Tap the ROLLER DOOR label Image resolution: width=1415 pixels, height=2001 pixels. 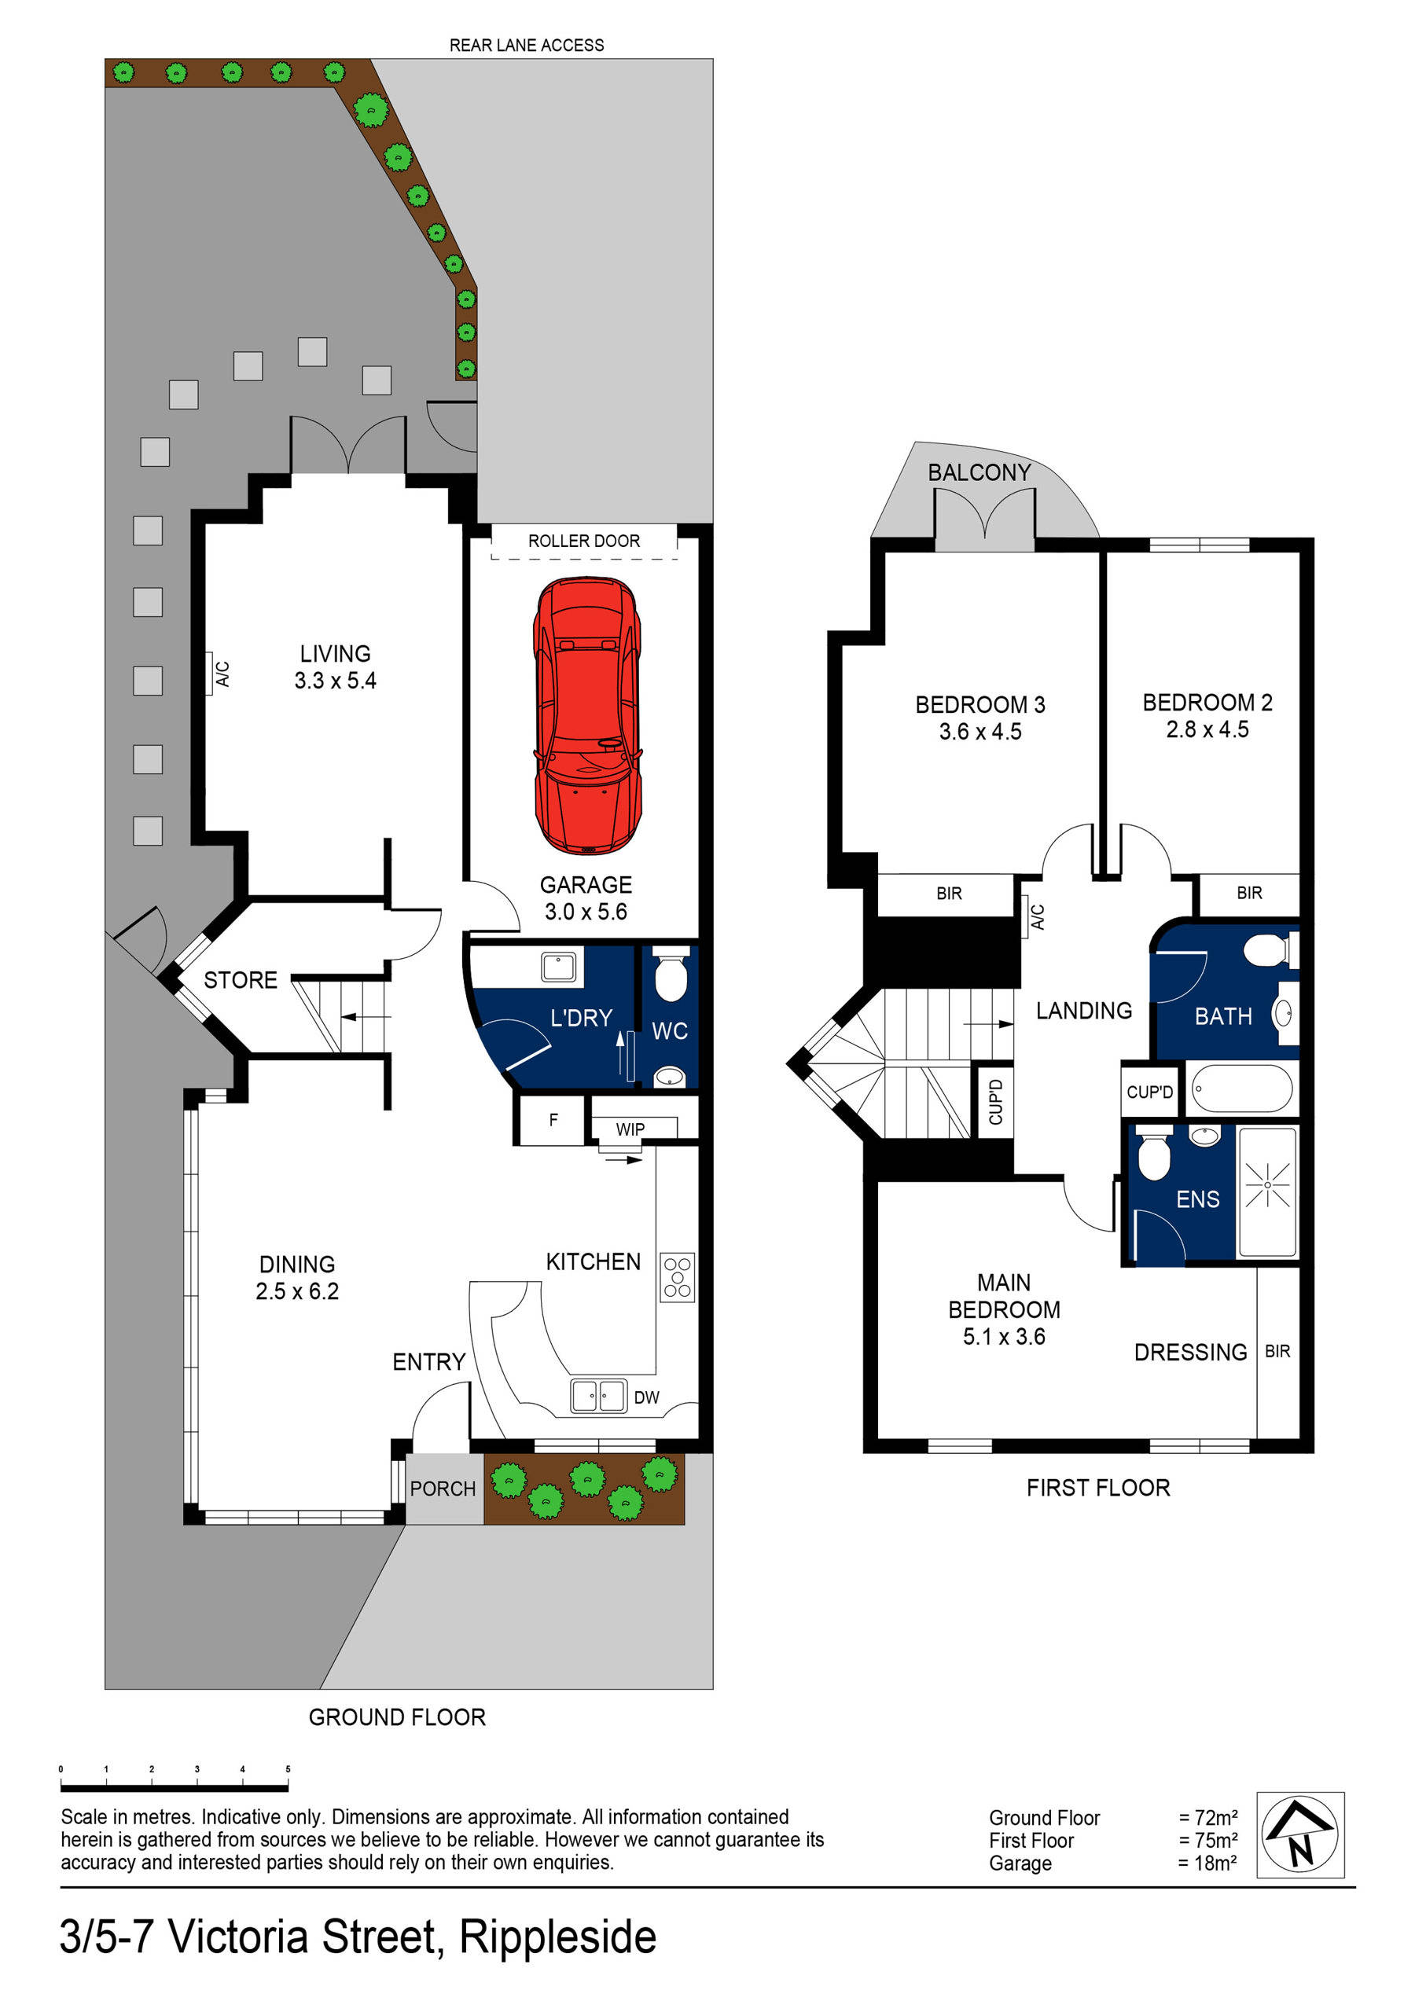pyautogui.click(x=583, y=541)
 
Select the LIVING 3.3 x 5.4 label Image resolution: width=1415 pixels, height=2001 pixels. pyautogui.click(x=335, y=666)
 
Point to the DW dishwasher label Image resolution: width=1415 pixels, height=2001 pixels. pyautogui.click(x=646, y=1397)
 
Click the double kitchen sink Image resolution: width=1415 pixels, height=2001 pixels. pyautogui.click(x=598, y=1395)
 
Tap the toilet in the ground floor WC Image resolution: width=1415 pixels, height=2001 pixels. pyautogui.click(x=671, y=975)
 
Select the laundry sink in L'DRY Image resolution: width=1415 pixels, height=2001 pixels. pyautogui.click(x=557, y=967)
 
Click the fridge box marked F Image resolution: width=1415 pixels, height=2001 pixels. pyautogui.click(x=553, y=1121)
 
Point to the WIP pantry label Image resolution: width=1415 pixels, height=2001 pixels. pyautogui.click(x=630, y=1129)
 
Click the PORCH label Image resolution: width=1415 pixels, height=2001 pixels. pyautogui.click(x=443, y=1489)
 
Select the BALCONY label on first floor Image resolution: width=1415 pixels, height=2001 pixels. pyautogui.click(x=978, y=472)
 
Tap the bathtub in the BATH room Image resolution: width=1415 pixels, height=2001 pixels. pyautogui.click(x=1240, y=1089)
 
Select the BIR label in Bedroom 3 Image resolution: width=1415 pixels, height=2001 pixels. pyautogui.click(x=949, y=894)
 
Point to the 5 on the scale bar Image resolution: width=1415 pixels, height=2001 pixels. pyautogui.click(x=288, y=1769)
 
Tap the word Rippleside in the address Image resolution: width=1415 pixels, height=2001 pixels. pyautogui.click(x=557, y=1937)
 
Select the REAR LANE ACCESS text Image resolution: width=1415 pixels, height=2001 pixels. pyautogui.click(x=526, y=46)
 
